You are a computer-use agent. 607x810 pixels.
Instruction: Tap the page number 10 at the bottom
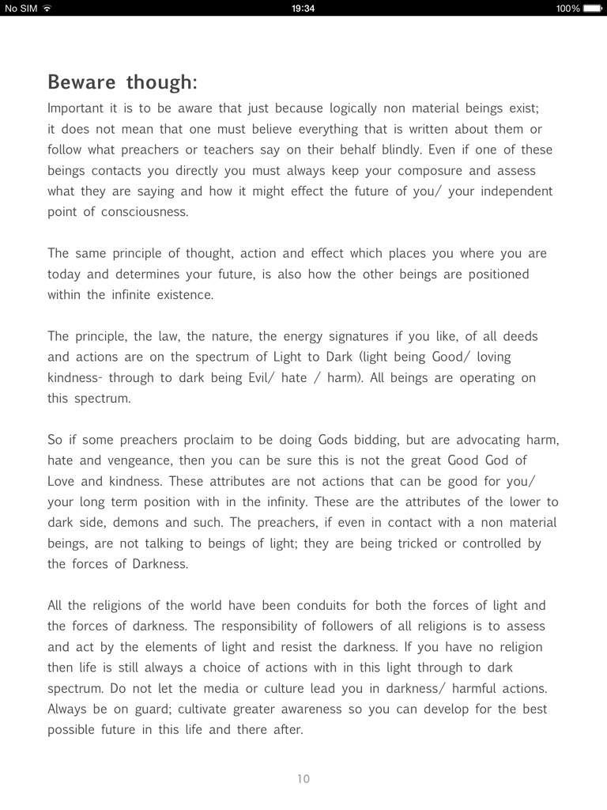(x=303, y=779)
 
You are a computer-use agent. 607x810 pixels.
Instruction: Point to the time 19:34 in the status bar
(x=303, y=8)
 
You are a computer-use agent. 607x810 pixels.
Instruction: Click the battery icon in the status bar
(x=593, y=8)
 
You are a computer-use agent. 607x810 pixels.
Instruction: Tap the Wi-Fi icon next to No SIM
(x=47, y=8)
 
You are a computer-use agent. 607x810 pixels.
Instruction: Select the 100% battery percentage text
(x=567, y=8)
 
